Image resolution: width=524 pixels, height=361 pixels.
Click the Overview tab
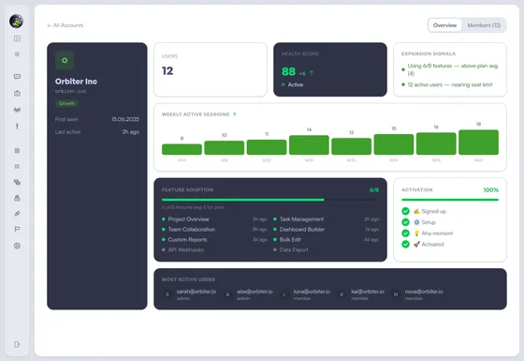pyautogui.click(x=445, y=25)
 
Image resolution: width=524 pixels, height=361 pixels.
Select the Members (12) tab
pyautogui.click(x=483, y=25)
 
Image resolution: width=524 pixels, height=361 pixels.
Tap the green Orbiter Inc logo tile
pyautogui.click(x=65, y=59)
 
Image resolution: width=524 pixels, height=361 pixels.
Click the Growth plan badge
pyautogui.click(x=66, y=103)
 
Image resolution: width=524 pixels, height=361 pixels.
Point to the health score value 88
pyautogui.click(x=289, y=71)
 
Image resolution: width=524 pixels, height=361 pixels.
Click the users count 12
pyautogui.click(x=167, y=70)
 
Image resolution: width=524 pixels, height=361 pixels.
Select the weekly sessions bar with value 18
pyautogui.click(x=478, y=143)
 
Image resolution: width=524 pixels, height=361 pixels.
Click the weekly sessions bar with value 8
pyautogui.click(x=182, y=148)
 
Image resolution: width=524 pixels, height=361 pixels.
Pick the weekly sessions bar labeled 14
pyautogui.click(x=309, y=144)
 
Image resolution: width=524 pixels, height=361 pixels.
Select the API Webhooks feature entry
pyautogui.click(x=187, y=249)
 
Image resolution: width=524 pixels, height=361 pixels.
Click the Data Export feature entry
pyautogui.click(x=296, y=249)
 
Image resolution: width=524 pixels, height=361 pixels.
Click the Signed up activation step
pyautogui.click(x=430, y=210)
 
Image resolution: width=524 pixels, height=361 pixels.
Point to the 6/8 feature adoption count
pyautogui.click(x=374, y=189)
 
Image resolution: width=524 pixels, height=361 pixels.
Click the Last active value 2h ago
pyautogui.click(x=130, y=131)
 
